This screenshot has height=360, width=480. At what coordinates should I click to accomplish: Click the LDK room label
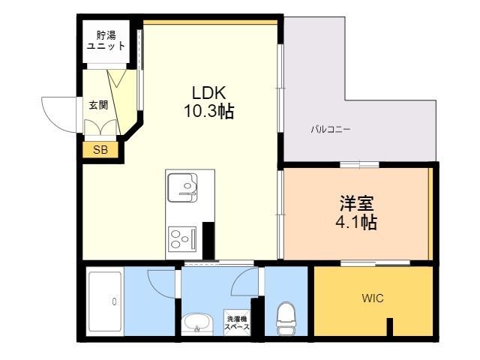(209, 92)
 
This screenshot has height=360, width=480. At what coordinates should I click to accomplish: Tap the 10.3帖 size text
(209, 111)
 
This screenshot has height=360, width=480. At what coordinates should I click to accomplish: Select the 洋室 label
(357, 203)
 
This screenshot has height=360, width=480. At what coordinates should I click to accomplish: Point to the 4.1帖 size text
(356, 222)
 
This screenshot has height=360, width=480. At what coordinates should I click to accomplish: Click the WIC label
(373, 298)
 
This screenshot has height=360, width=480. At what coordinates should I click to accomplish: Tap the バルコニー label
(331, 129)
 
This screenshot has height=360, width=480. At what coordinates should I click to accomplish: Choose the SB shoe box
(100, 150)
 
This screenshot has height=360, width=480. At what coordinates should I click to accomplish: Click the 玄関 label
(98, 105)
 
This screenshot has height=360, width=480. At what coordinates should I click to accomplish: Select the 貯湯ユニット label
(106, 40)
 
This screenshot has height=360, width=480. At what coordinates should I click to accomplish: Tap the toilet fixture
(286, 318)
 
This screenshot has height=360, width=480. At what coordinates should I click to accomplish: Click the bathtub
(105, 301)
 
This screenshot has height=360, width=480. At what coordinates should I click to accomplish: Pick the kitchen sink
(182, 187)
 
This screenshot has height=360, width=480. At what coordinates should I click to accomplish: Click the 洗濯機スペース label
(237, 323)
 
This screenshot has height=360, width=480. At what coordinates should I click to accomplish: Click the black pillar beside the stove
(208, 241)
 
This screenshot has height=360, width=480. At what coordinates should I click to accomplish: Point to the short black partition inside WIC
(390, 327)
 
